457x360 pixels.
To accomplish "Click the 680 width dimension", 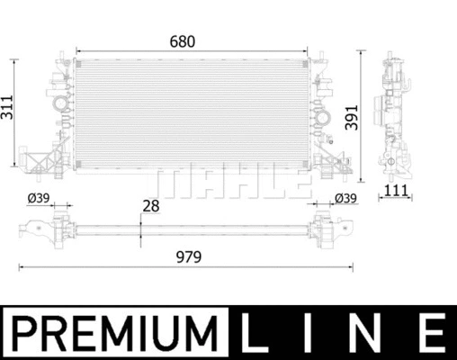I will pos(183,41).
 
